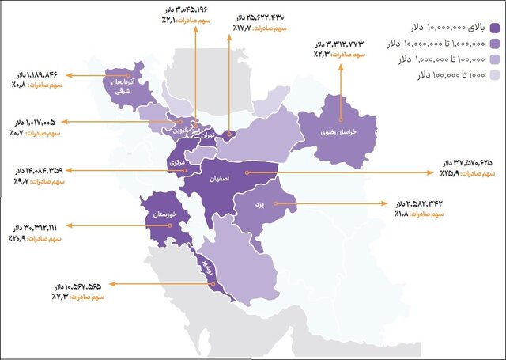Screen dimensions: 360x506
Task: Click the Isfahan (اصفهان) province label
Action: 225,180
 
